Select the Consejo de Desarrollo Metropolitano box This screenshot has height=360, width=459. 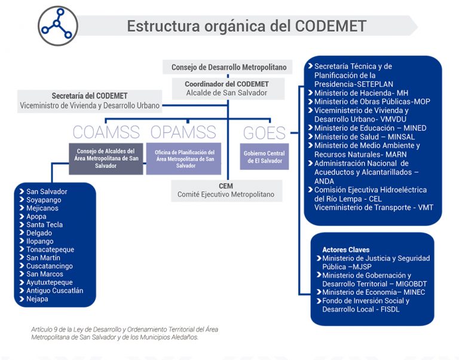[229, 68]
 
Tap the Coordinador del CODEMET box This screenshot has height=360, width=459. [227, 89]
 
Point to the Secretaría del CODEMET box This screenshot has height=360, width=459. [90, 100]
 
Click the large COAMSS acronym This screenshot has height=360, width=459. [106, 132]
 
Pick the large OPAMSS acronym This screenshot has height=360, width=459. [183, 132]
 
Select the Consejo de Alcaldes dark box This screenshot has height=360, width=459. [105, 158]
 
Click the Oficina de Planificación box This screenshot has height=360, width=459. [183, 158]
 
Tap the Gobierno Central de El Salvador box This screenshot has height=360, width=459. [264, 157]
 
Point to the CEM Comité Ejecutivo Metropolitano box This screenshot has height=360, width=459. [226, 190]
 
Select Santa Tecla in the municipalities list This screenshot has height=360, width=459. [44, 225]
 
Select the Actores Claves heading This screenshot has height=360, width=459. [345, 249]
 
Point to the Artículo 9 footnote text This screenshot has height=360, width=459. [116, 334]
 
